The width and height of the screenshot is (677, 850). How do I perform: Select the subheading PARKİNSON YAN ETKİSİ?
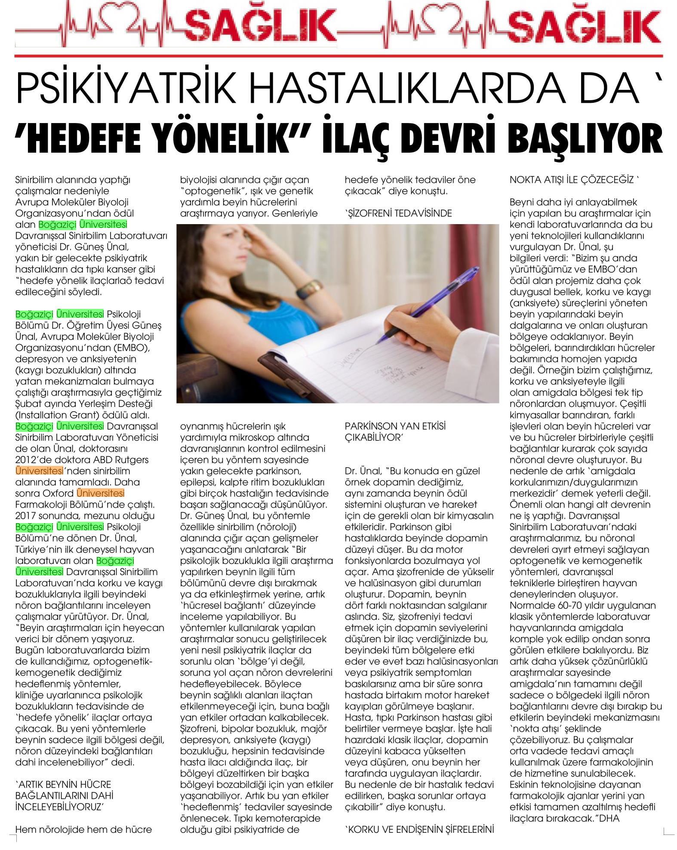coord(395,426)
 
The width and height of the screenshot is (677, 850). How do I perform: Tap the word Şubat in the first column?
coord(27,404)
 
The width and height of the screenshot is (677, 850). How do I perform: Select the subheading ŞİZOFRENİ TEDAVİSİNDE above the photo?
coord(399,213)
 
